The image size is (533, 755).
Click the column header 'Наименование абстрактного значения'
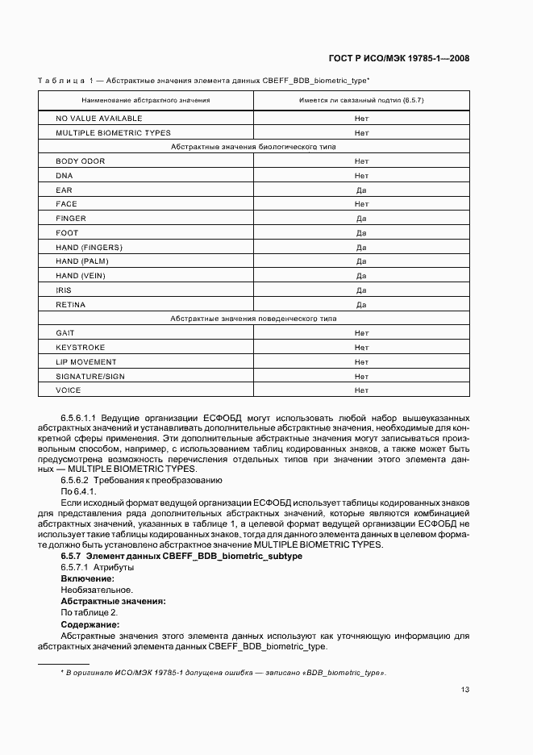[x=145, y=100]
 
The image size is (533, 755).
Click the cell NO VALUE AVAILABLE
[x=98, y=119]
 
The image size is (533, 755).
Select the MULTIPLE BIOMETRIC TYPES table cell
[x=113, y=133]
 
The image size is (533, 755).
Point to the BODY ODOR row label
[x=80, y=161]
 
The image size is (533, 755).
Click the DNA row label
[x=65, y=176]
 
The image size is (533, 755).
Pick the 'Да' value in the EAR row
[x=361, y=190]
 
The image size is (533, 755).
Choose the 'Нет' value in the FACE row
[x=361, y=205]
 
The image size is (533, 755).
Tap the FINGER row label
[x=71, y=219]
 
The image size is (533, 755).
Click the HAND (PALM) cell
[x=82, y=262]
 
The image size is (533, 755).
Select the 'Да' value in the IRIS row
[x=361, y=290]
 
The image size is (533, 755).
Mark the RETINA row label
[x=70, y=305]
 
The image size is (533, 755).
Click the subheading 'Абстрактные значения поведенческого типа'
[x=253, y=319]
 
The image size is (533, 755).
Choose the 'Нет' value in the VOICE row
[x=361, y=390]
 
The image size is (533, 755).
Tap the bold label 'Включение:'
[x=87, y=579]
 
